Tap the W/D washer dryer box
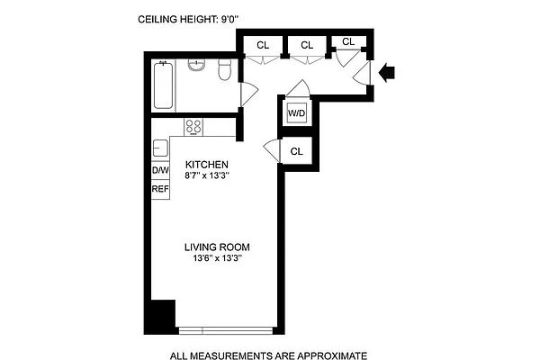pyautogui.click(x=296, y=113)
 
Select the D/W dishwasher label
pyautogui.click(x=160, y=170)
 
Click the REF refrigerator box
pyautogui.click(x=160, y=188)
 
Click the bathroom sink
pyautogui.click(x=197, y=68)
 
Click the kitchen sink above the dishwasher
pyautogui.click(x=159, y=148)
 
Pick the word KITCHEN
pyautogui.click(x=207, y=165)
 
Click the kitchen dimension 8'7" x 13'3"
pyautogui.click(x=207, y=175)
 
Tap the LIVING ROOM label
pyautogui.click(x=217, y=247)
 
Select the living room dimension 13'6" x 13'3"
pyautogui.click(x=217, y=258)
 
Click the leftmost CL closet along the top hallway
pyautogui.click(x=263, y=45)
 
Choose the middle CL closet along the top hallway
pyautogui.click(x=307, y=45)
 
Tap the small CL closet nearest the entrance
pyautogui.click(x=348, y=41)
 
